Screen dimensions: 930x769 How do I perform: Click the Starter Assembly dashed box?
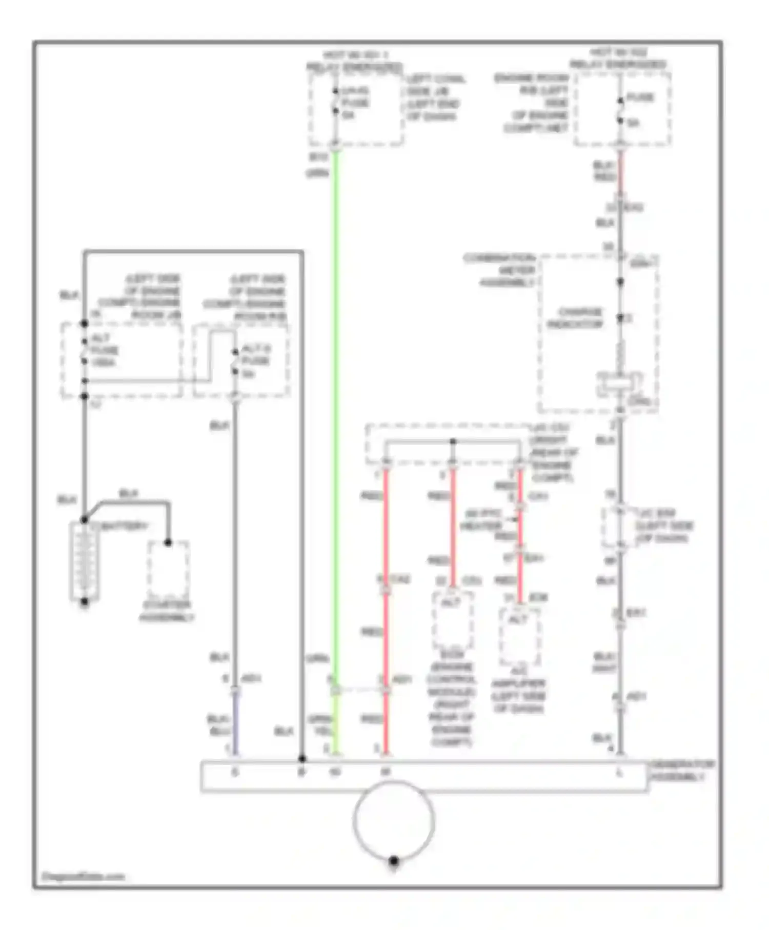coord(168,569)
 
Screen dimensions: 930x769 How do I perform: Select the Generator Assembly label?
coord(681,771)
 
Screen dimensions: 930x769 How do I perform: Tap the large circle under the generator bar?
coord(394,820)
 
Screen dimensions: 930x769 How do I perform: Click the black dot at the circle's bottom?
coord(394,861)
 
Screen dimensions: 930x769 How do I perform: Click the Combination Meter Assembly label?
coord(500,270)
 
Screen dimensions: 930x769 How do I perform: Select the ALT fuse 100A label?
coord(105,350)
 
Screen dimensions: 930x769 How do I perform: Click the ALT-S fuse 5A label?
coord(255,361)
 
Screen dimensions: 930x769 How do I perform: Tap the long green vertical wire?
coord(335,410)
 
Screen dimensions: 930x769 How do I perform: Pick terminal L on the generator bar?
coord(619,772)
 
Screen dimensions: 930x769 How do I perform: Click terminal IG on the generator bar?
coord(335,772)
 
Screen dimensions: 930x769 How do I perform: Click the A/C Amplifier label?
coord(519,690)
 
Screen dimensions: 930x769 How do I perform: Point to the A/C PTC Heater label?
coord(482,520)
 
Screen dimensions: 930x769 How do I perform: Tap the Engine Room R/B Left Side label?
coord(533,103)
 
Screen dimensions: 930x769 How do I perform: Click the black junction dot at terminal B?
coord(302,758)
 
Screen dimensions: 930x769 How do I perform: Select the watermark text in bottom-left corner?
coord(83,876)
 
